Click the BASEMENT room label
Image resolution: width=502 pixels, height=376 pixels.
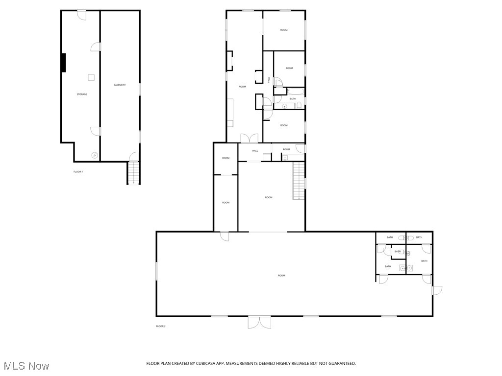120,85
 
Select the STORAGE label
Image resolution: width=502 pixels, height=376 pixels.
82,94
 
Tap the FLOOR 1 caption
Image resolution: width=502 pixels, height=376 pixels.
78,172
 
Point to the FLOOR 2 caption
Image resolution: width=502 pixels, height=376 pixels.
161,326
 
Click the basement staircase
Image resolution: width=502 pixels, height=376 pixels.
133,172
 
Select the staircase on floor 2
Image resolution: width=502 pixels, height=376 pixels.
299,181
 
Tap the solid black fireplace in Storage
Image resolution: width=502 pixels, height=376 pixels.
63,62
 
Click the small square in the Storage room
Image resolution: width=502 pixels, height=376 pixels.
91,77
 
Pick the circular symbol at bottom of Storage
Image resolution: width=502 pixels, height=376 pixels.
95,155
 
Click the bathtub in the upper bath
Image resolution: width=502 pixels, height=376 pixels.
295,91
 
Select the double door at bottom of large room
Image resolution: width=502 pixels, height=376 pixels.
259,322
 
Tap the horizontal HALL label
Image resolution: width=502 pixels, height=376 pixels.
255,151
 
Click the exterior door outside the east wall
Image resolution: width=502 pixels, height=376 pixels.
437,290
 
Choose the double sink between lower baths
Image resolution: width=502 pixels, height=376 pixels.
406,268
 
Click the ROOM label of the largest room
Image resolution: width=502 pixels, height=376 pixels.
281,276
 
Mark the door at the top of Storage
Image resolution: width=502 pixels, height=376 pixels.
81,15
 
